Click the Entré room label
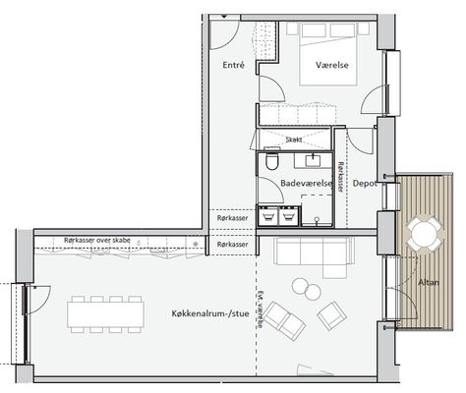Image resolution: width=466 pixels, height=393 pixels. tap(233, 65)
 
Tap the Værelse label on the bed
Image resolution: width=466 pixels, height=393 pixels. tap(332, 65)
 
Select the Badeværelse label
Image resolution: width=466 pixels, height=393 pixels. tap(306, 184)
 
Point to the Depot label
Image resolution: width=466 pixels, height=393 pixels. tap(365, 184)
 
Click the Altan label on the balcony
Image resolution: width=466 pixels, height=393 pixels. tap(429, 282)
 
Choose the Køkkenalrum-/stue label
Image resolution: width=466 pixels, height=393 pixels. tap(210, 313)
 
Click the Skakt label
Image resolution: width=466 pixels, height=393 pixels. tap(294, 140)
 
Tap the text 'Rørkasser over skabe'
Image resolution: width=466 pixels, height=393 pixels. tap(97, 241)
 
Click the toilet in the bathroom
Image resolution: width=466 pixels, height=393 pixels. tap(272, 160)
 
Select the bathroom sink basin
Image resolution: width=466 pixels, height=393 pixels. tap(313, 161)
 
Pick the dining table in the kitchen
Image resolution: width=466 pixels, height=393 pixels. tap(105, 314)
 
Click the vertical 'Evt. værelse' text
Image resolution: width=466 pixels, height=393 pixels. tap(261, 309)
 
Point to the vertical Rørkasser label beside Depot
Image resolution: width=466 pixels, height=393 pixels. tap(341, 177)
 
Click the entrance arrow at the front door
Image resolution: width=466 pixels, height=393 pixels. tap(224, 17)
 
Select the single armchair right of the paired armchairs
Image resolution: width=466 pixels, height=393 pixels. tap(331, 315)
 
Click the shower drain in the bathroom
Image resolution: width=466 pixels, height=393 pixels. tap(317, 219)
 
